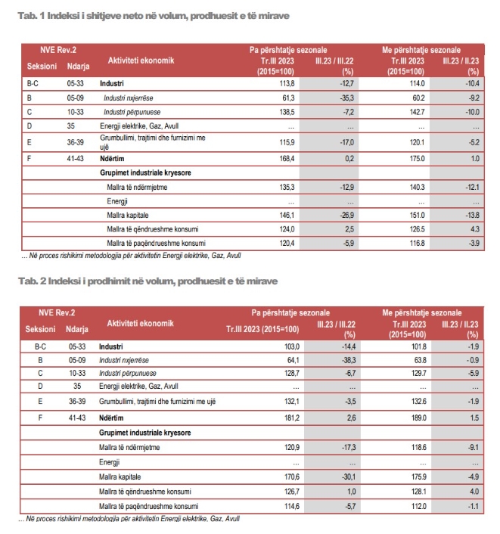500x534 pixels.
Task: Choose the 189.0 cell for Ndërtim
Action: pos(416,418)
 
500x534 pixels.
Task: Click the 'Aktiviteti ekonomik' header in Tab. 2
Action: pos(140,322)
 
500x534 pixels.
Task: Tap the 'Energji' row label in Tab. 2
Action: pos(109,461)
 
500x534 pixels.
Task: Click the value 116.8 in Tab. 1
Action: pos(417,244)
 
